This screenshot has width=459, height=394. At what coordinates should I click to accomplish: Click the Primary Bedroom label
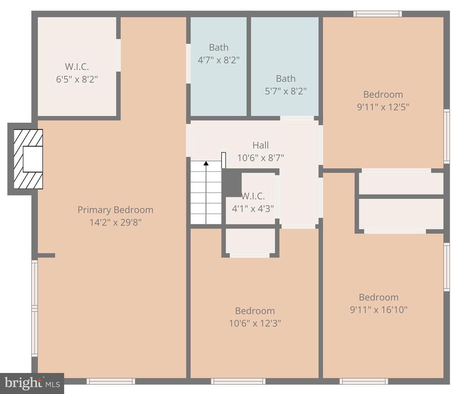115,210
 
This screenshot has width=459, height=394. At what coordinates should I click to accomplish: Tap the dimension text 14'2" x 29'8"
115,222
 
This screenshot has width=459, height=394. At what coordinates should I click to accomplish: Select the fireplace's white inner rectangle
33,159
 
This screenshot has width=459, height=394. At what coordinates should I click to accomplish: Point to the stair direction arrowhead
206,163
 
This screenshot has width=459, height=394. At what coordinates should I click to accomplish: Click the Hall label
260,145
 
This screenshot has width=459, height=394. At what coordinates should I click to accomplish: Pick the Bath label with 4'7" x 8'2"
219,48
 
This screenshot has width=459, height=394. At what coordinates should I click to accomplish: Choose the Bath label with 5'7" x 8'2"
286,78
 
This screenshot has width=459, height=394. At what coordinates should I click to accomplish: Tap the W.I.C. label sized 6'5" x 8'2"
77,67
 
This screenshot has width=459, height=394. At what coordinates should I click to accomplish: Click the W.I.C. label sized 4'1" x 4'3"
253,196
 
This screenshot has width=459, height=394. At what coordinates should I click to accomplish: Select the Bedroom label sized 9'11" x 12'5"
383,95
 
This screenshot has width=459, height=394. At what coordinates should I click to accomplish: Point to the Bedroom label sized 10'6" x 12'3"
255,311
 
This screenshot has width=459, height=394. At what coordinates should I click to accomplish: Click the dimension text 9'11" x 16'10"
379,310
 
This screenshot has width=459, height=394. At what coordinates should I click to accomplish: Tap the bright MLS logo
32,383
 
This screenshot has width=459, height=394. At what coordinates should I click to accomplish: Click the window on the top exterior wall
377,14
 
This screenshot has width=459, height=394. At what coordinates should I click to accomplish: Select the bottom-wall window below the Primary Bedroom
111,381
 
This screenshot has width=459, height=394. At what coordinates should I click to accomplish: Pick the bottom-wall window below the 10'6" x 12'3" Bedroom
238,381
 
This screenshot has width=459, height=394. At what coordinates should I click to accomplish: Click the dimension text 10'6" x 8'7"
260,158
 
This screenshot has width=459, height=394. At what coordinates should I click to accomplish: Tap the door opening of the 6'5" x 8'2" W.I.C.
118,55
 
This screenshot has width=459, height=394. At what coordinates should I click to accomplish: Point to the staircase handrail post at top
224,160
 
